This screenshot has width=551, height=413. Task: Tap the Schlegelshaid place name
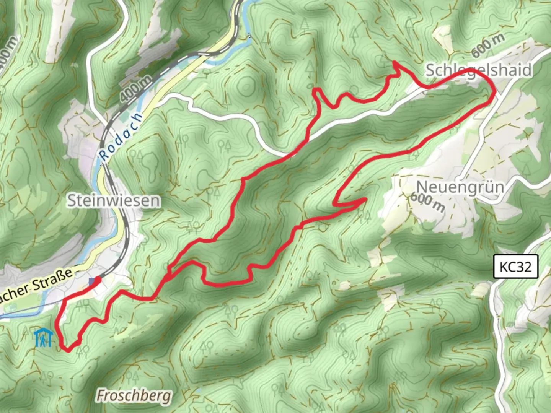(x=478, y=70)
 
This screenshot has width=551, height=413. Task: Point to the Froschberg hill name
(x=134, y=395)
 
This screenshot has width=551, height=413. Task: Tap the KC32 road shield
(x=515, y=266)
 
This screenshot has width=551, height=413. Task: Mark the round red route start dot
(x=98, y=280)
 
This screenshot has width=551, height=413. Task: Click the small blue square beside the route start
(x=91, y=282)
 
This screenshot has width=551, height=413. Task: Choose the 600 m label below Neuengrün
(x=427, y=202)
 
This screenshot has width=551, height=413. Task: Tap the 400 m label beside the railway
(x=135, y=88)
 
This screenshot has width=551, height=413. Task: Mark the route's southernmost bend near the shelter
(x=67, y=350)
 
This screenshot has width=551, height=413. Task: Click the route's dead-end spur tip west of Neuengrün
(x=365, y=199)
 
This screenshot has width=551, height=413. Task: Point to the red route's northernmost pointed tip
(x=394, y=62)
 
